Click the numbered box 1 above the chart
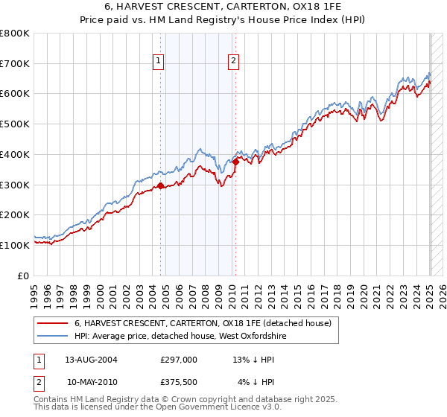pyautogui.click(x=159, y=62)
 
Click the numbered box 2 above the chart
pyautogui.click(x=234, y=62)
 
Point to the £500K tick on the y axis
pyautogui.click(x=17, y=124)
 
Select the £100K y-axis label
pyautogui.click(x=17, y=245)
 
